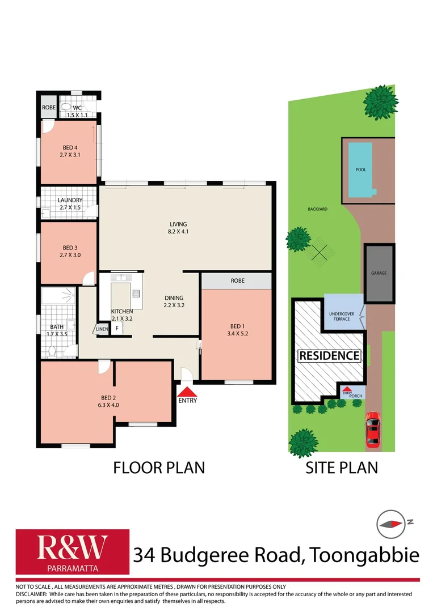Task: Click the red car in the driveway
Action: click(372, 429)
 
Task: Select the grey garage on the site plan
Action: click(379, 273)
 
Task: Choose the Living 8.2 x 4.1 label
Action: click(178, 228)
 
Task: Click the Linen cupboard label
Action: click(101, 329)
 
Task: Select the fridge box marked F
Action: click(117, 328)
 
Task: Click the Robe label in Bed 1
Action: click(237, 280)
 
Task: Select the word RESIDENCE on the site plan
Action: click(330, 356)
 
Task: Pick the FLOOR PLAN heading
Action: click(159, 467)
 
